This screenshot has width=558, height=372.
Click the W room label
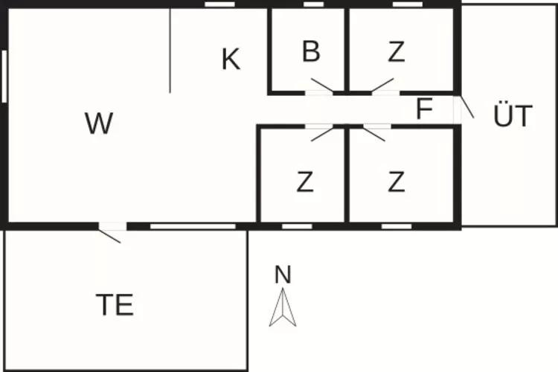pyautogui.click(x=98, y=124)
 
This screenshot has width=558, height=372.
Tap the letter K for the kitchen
pyautogui.click(x=231, y=60)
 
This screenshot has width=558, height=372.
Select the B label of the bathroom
pyautogui.click(x=311, y=52)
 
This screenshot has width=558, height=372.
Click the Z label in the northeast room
pyautogui.click(x=396, y=52)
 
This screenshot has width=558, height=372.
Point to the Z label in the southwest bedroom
pyautogui.click(x=304, y=182)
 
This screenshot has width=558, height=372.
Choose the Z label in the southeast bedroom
pyautogui.click(x=396, y=182)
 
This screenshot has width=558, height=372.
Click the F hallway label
pyautogui.click(x=424, y=110)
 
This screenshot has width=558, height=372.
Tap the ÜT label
pyautogui.click(x=513, y=117)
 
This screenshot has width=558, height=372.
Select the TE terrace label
pyautogui.click(x=115, y=305)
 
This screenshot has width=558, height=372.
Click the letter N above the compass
pyautogui.click(x=282, y=275)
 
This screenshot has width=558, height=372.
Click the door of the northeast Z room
pyautogui.click(x=383, y=86)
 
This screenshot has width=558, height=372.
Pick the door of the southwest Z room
pyautogui.click(x=322, y=133)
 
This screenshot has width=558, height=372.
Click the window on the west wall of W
pyautogui.click(x=5, y=74)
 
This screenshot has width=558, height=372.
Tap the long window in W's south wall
pyautogui.click(x=193, y=225)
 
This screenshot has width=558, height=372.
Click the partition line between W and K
pyautogui.click(x=170, y=51)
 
